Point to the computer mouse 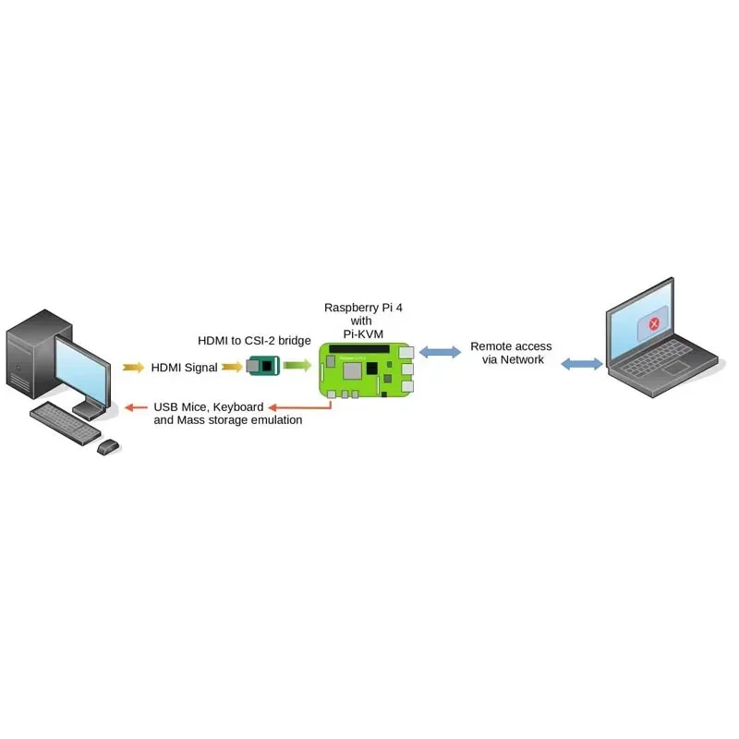108,446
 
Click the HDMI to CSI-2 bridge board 264,367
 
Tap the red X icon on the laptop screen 654,323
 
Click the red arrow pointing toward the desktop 139,406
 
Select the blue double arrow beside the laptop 581,364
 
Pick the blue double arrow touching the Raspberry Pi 440,352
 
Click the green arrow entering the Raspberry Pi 297,366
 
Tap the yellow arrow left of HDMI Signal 133,367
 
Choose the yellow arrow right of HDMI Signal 231,367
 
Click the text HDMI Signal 184,368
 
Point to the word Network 523,359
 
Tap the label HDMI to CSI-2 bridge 255,340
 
